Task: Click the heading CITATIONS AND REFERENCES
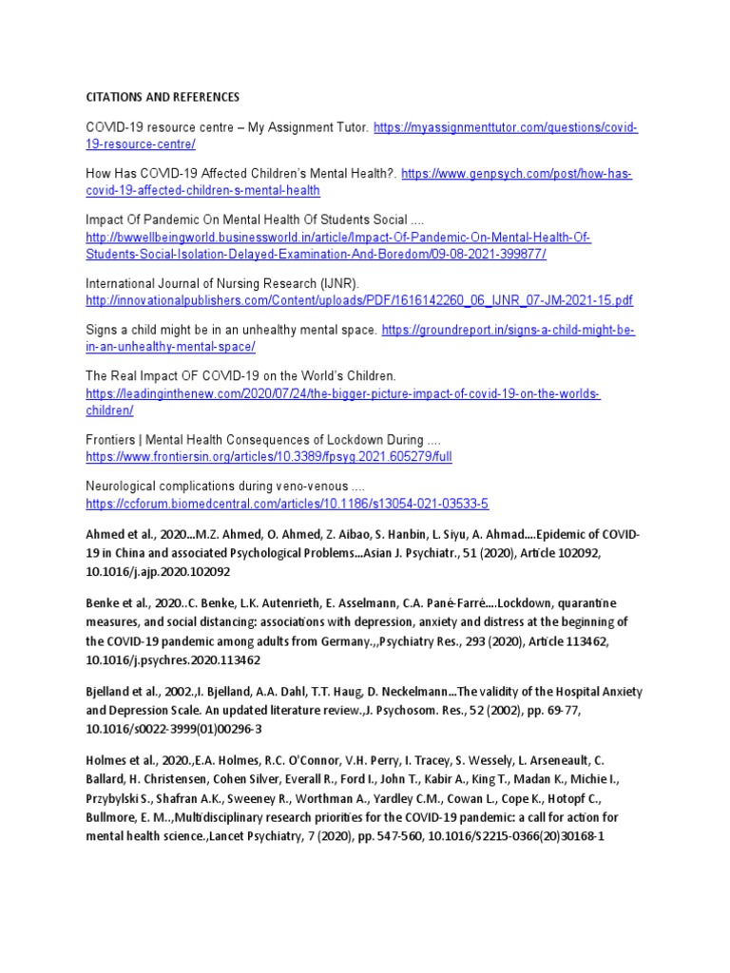pyautogui.click(x=163, y=97)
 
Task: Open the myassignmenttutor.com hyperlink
pyautogui.click(x=505, y=127)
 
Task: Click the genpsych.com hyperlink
pyautogui.click(x=516, y=174)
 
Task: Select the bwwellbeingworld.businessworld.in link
pyautogui.click(x=337, y=238)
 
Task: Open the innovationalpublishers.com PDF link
pyautogui.click(x=359, y=300)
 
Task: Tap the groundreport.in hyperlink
pyautogui.click(x=508, y=331)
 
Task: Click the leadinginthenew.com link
pyautogui.click(x=343, y=393)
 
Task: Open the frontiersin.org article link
pyautogui.click(x=268, y=456)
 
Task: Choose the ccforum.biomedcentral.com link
pyautogui.click(x=287, y=504)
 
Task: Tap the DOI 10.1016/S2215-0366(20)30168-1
pyautogui.click(x=520, y=837)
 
